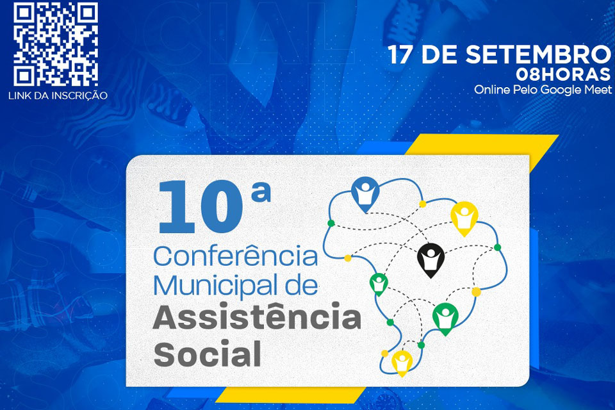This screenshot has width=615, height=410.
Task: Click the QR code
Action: [x=56, y=44]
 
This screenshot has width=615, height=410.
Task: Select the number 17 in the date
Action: [x=402, y=56]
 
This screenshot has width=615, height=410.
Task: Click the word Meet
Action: [x=598, y=90]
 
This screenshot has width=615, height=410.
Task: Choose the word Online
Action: [x=491, y=90]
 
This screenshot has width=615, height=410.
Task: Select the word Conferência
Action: [x=236, y=257]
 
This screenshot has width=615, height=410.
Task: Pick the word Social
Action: [x=208, y=354]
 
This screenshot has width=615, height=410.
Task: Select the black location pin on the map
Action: [x=430, y=259]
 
